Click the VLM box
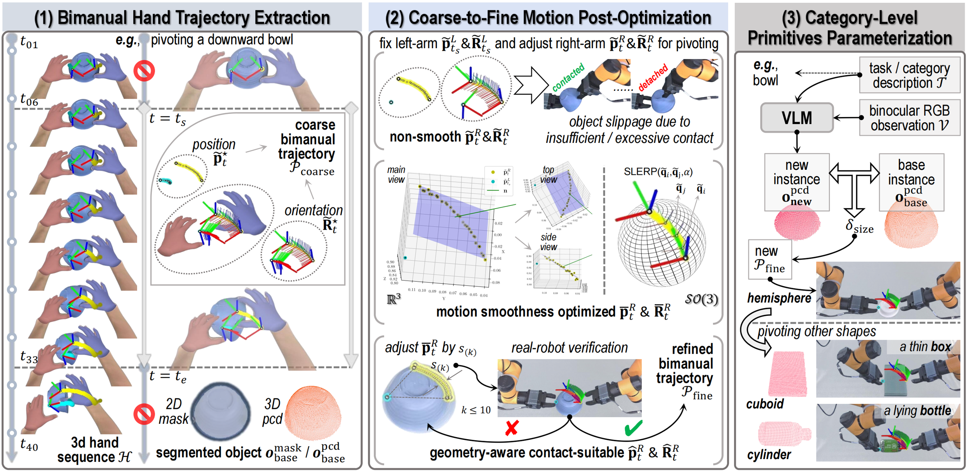[797, 117]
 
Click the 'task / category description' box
[909, 75]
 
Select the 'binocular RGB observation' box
[909, 118]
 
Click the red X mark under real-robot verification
[512, 428]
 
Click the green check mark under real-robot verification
[633, 427]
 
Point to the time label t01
[29, 42]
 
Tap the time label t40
[29, 445]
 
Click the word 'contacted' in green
[568, 77]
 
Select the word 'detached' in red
[653, 77]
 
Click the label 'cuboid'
[764, 404]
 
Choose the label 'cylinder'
[769, 455]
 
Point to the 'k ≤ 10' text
[476, 410]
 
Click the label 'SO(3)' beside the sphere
[701, 299]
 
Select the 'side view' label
[548, 242]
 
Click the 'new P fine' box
[770, 259]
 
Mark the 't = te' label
[168, 377]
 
